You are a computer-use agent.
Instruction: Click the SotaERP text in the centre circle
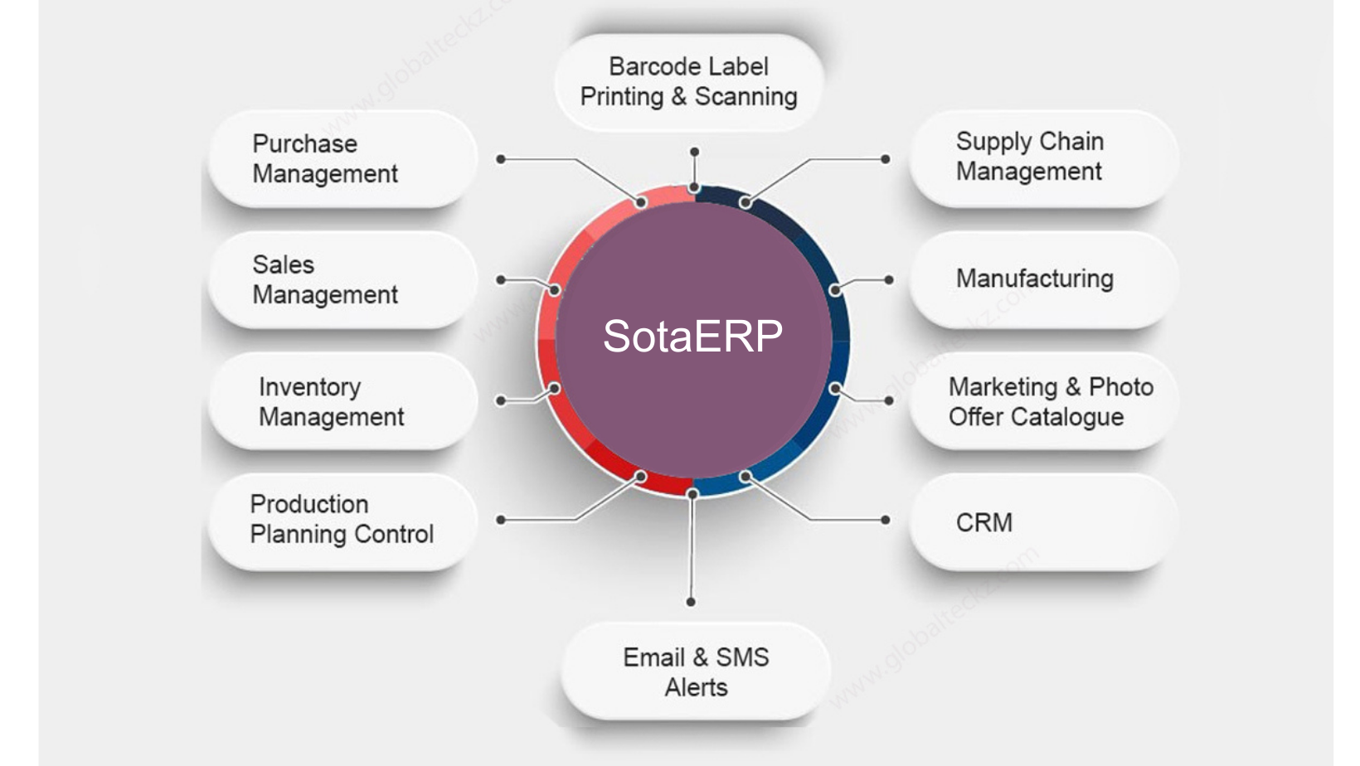tap(692, 336)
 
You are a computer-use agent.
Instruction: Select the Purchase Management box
tap(342, 158)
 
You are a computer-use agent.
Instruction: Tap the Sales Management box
tap(342, 279)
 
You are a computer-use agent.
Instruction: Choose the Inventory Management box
tap(342, 401)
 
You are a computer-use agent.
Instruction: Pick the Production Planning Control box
tap(342, 520)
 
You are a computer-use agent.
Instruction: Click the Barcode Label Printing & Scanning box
tap(688, 82)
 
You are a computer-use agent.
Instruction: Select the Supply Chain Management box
tap(1042, 157)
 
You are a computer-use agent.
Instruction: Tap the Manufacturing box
tap(1042, 279)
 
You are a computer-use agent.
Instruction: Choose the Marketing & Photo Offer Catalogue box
tap(1042, 401)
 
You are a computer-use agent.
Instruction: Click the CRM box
tap(1042, 522)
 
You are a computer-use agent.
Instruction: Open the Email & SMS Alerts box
tap(696, 671)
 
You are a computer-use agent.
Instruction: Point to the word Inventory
tap(309, 387)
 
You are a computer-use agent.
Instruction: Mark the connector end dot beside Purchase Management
tap(501, 158)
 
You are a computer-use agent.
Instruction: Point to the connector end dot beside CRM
tap(886, 520)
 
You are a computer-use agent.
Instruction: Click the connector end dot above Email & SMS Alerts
tap(691, 602)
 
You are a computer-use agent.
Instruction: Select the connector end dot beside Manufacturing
tap(889, 280)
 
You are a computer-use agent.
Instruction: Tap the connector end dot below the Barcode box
tap(694, 152)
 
